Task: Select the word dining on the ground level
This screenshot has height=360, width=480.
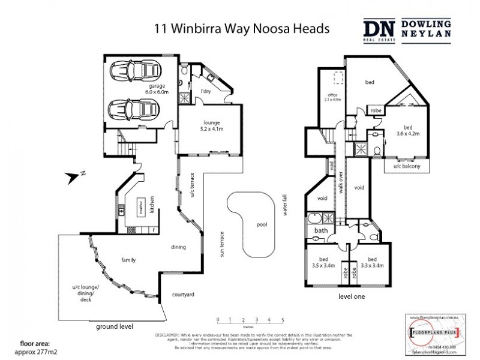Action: coord(179,247)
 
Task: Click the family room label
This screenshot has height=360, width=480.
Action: coord(128,260)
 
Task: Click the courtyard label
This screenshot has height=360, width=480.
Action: coord(182,294)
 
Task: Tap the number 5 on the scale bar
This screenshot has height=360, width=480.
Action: coord(281,320)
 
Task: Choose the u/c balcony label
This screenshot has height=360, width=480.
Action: coord(407,166)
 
